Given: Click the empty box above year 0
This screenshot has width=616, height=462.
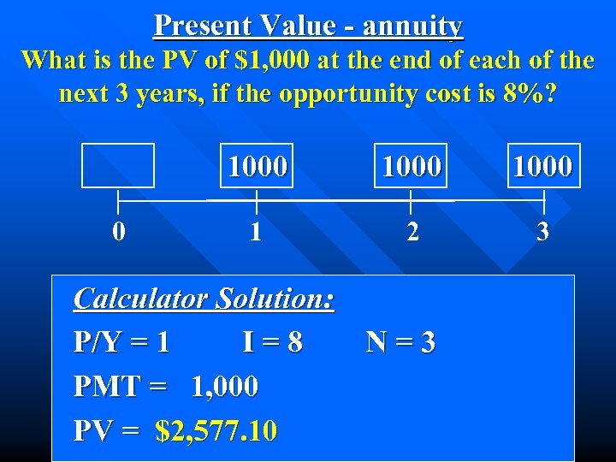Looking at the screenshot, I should pos(118,165).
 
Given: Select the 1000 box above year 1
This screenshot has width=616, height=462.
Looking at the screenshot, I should pos(257,165).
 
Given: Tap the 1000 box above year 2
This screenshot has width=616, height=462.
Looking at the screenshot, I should pos(412,165).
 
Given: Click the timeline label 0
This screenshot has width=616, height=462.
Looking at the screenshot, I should pos(120,232).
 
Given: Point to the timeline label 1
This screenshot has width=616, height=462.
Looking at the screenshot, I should pos(256,232).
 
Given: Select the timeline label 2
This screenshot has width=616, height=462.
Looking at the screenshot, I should pos(412,232).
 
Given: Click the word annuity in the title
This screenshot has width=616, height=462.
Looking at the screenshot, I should pos(412,27).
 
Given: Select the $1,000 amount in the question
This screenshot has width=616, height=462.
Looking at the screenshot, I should pos(277,61).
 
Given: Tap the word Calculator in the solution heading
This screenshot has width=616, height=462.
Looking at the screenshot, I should pos(141,299).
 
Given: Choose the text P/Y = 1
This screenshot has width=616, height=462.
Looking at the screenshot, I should pos(121,342).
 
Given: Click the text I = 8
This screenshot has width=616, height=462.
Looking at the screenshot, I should pos(272,342).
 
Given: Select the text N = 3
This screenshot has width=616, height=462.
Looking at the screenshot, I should pos(401,342).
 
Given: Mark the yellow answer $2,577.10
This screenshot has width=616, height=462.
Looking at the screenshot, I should pos(216,430).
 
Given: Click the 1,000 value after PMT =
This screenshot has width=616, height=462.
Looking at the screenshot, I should pos(224,387).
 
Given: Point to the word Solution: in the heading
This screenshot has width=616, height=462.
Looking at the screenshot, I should pos(275,299).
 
